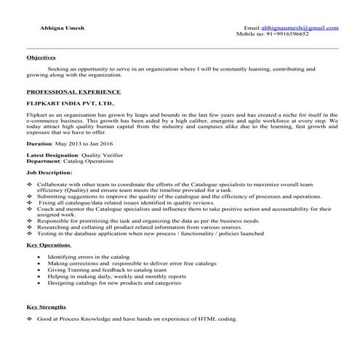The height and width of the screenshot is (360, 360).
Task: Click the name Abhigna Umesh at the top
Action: click(x=63, y=27)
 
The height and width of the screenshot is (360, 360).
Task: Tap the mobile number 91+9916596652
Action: click(x=282, y=33)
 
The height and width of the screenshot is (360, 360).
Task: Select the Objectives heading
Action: click(x=41, y=57)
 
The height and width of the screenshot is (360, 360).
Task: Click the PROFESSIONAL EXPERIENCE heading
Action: click(x=73, y=94)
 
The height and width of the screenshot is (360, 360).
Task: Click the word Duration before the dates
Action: click(x=39, y=145)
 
